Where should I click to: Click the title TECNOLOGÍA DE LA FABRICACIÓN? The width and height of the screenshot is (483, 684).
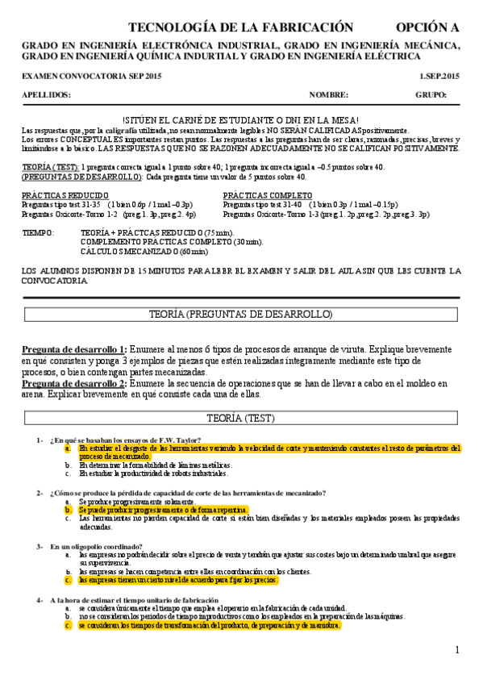[240, 27]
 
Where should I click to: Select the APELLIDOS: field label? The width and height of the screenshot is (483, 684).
[47, 94]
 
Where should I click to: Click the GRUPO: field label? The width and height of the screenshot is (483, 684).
[431, 94]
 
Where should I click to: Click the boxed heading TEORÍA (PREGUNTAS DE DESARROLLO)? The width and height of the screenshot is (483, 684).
[241, 314]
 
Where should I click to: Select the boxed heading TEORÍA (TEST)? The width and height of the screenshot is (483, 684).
[241, 418]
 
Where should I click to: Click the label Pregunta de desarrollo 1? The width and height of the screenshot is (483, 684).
[73, 348]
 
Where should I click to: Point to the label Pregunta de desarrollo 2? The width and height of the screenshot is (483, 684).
[73, 383]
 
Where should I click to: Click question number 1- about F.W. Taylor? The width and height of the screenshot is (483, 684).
[40, 440]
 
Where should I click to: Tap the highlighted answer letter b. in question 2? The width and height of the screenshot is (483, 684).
[69, 510]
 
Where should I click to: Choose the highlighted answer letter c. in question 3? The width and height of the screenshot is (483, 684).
[69, 579]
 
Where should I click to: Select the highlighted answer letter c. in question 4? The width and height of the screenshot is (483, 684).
[69, 625]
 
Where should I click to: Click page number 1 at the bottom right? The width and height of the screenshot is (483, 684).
[456, 650]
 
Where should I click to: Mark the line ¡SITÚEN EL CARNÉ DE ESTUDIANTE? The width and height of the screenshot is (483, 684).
[240, 119]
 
